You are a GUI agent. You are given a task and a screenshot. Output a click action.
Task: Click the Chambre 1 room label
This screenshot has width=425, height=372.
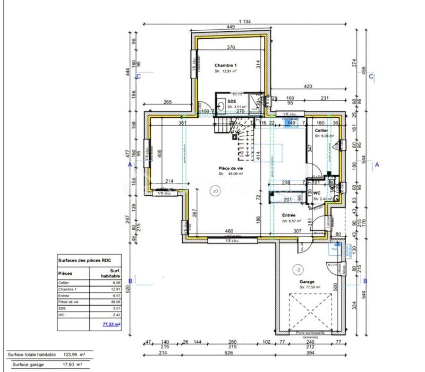[225, 65]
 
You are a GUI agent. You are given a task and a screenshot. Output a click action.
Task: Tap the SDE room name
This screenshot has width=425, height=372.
[232, 101]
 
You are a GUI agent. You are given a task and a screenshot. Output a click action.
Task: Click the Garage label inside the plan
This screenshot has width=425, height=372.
[307, 282]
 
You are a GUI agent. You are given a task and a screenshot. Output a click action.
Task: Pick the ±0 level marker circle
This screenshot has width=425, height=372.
[215, 191]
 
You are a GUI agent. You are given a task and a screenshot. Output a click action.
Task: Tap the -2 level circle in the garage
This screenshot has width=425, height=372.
[297, 269]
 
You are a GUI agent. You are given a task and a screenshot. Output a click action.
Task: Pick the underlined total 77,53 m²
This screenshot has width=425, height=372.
[110, 323]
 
